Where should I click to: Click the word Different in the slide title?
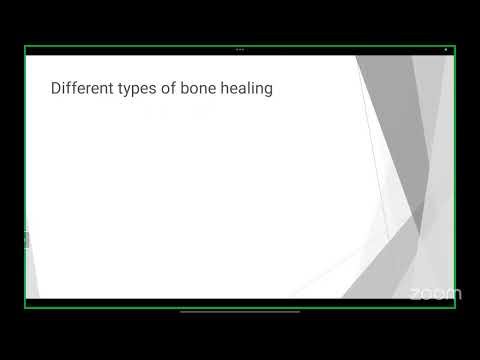tap(81, 88)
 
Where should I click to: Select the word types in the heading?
tap(139, 89)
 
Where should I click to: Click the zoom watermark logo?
tap(435, 293)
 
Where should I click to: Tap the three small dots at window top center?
tap(240, 49)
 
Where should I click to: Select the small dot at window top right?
tap(446, 49)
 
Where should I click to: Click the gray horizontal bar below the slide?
tap(240, 312)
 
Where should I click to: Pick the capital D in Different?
tap(56, 88)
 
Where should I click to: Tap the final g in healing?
tap(269, 90)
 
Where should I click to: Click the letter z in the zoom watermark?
tap(415, 294)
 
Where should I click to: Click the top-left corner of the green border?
tap(25, 46)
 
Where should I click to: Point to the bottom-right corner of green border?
tap(455, 307)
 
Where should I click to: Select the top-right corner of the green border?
tap(455, 46)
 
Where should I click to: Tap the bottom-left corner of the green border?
tap(25, 307)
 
